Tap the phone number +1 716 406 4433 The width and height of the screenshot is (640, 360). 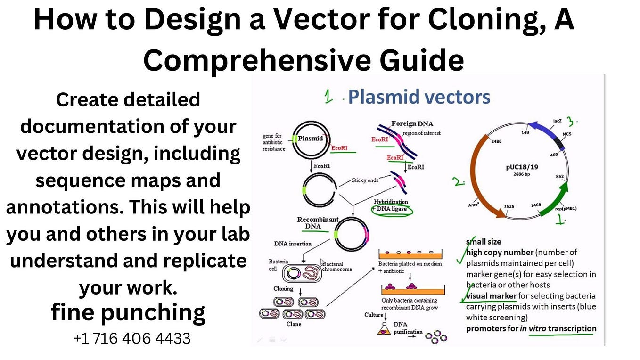click(x=132, y=338)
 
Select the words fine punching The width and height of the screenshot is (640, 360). click(x=128, y=312)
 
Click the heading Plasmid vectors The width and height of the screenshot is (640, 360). click(x=418, y=97)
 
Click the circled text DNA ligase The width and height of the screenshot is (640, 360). click(x=392, y=209)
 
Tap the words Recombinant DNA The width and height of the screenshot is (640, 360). click(x=317, y=223)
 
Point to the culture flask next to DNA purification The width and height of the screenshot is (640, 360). click(x=383, y=330)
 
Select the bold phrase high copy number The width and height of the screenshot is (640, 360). click(x=500, y=253)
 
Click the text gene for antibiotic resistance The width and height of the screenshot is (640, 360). click(x=274, y=142)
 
